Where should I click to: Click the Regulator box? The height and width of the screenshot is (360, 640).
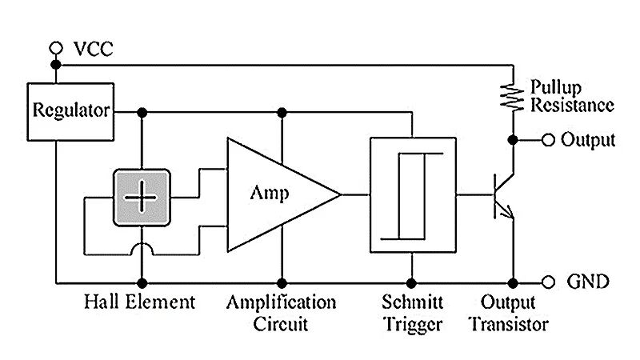coord(70,110)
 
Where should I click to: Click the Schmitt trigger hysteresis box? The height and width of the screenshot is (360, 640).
coord(412,194)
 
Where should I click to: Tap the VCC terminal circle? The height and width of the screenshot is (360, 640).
coord(55,48)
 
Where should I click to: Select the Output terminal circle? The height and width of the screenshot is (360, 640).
coord(548,140)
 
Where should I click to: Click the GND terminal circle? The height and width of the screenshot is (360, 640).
coord(548,282)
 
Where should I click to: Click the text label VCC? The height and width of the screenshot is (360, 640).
coord(94,49)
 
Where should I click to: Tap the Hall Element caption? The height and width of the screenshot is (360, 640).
coord(139,303)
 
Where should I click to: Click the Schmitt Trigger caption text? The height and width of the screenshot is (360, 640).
coord(412,314)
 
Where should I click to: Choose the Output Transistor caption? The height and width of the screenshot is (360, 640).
coord(509,314)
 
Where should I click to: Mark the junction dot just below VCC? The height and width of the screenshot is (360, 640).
coord(55,64)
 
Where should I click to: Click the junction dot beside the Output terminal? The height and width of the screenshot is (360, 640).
coord(513,140)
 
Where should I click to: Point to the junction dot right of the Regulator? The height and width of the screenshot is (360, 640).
coord(142,112)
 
